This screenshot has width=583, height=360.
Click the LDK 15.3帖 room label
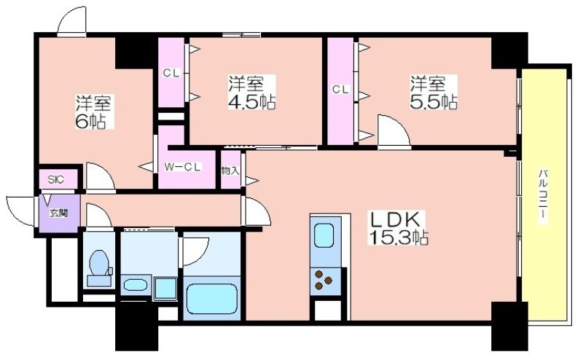coord(397,228)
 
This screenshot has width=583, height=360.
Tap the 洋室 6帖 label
coord(93,112)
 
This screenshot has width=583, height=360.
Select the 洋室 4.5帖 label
coord(251,93)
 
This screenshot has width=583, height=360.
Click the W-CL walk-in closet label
coord(183,168)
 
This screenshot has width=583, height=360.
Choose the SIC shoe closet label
coord(56,179)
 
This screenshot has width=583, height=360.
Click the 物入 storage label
coord(230,171)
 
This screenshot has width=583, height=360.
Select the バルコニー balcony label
coord(543,196)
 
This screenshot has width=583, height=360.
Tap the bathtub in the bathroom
coord(212,300)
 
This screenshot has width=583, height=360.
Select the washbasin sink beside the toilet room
coord(136,285)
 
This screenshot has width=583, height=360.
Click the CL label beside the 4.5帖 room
coord(171,74)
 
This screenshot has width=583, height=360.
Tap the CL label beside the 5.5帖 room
coord(340,89)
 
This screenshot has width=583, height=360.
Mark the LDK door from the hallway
coord(257,211)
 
